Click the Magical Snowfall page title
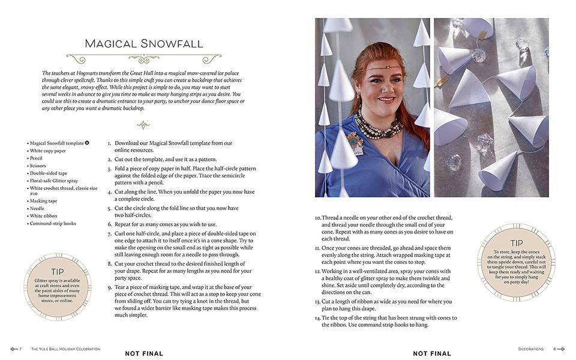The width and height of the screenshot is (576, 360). click(144, 43)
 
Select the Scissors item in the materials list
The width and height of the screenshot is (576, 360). click(38, 166)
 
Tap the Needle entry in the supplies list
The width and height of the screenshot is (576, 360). click(38, 208)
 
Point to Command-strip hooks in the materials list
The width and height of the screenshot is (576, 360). click(53, 223)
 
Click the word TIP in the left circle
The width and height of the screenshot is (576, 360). click(57, 271)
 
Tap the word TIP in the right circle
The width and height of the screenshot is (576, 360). click(516, 243)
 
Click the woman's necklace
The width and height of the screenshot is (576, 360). click(378, 125)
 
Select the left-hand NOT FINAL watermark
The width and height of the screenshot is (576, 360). click(144, 353)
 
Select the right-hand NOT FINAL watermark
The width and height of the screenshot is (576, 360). click(432, 353)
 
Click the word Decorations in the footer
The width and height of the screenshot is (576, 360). click(531, 349)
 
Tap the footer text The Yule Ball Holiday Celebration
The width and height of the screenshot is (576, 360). click(65, 349)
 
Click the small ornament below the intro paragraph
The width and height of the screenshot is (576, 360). click(143, 125)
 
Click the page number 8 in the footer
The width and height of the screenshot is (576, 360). click(555, 349)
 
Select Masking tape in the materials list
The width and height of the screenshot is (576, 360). click(44, 201)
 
